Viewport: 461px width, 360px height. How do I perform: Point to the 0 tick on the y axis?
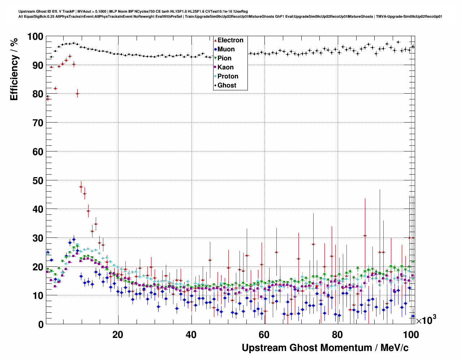[40, 324]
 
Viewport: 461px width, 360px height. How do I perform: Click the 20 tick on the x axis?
[117, 335]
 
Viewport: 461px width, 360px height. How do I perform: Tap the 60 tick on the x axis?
[264, 335]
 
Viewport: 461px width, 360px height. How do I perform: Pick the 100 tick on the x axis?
[411, 335]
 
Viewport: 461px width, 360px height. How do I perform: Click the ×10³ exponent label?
[426, 320]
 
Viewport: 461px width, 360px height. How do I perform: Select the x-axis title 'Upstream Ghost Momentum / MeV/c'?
[325, 348]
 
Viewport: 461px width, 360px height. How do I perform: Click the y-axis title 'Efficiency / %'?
[14, 69]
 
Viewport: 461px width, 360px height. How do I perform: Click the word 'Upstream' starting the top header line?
[26, 12]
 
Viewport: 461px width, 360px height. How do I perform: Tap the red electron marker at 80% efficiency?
[77, 93]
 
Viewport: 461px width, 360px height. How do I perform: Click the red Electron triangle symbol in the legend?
[215, 40]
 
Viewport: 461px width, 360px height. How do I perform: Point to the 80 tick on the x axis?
[337, 335]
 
